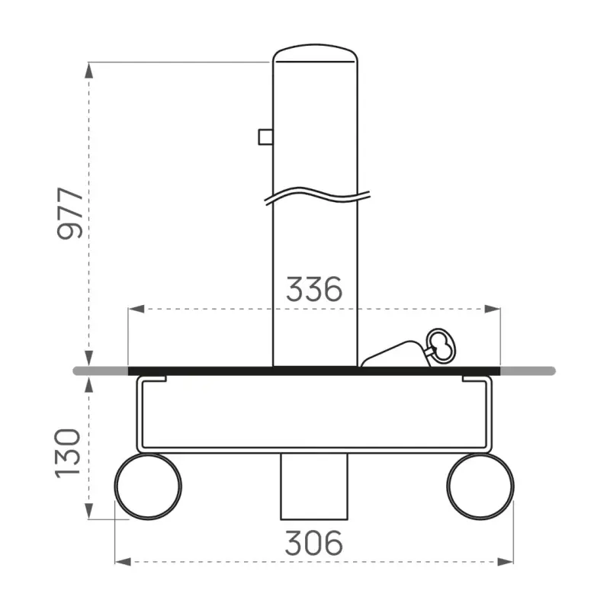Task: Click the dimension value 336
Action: [314, 290]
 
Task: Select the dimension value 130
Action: [69, 453]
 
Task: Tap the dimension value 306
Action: [314, 543]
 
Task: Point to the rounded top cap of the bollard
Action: [315, 55]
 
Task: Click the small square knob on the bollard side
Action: [265, 136]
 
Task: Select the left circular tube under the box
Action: [148, 486]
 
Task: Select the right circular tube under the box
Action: [480, 486]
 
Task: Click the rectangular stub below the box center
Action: [314, 485]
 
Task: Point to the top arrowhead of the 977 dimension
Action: [89, 70]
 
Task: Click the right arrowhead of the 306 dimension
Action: [506, 561]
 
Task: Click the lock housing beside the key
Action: [393, 357]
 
